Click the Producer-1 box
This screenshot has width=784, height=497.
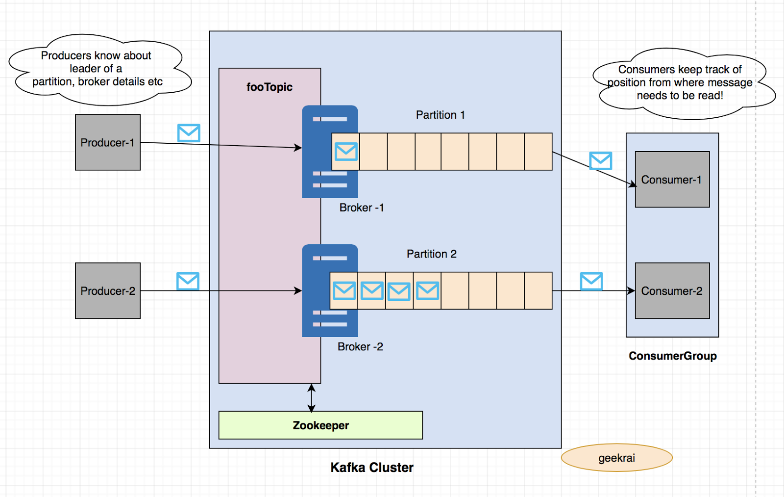point(108,142)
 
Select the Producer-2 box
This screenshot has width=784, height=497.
point(108,290)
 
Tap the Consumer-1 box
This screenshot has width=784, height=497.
point(672,180)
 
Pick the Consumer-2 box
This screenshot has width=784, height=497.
point(672,290)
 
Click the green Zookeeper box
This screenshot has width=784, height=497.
point(320,425)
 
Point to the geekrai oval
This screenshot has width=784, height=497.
point(616,458)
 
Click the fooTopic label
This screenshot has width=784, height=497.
point(269,87)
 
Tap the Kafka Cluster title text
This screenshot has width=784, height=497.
point(371,467)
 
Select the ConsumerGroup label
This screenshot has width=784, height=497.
point(672,356)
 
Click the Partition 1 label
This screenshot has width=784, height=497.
point(440,115)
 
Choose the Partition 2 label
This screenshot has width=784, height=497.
point(431,254)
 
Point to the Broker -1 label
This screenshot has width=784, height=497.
point(362,208)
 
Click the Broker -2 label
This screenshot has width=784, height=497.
point(360,346)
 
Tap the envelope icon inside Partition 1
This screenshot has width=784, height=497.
point(346,151)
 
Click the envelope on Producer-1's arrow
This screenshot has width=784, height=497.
point(189,133)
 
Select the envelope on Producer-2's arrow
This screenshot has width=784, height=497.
point(188,281)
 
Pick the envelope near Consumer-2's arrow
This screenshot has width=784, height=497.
point(591,282)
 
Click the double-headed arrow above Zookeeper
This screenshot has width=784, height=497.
point(311,397)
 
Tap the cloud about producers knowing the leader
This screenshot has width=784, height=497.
point(98,69)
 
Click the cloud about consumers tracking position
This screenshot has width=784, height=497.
point(681,83)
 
